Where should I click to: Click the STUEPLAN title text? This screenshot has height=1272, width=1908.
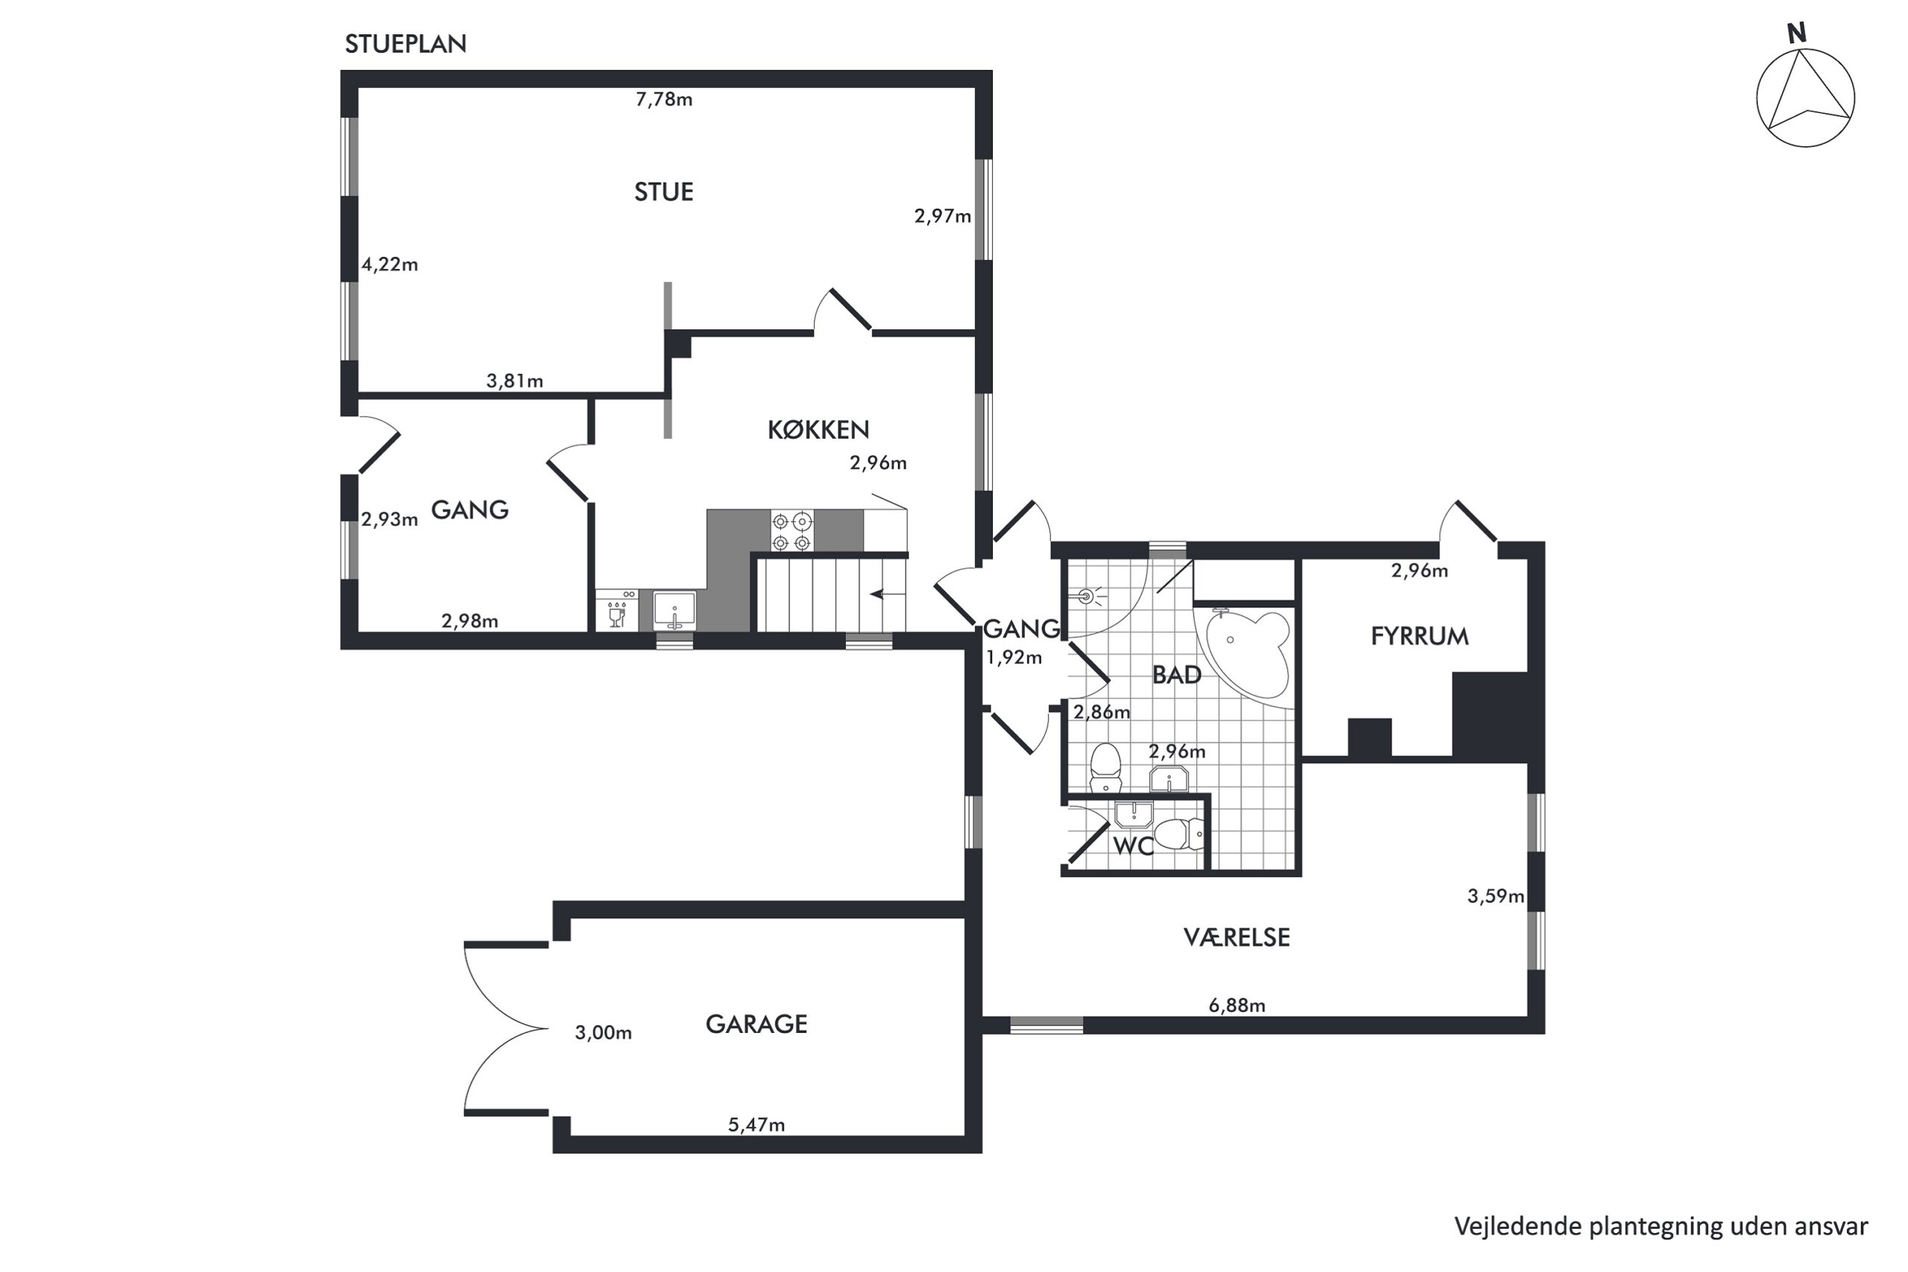coord(405,44)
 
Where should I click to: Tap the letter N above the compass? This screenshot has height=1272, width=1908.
coord(1797,34)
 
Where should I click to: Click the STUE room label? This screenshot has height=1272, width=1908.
coord(663,192)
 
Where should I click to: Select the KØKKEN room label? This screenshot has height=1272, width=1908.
coord(818,429)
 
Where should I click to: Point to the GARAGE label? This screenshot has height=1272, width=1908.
coord(756,1025)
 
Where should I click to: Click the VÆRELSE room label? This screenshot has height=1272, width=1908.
coord(1236,937)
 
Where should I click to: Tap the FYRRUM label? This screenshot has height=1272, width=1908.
coord(1420,636)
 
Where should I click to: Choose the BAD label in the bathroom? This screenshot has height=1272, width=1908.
coord(1176,674)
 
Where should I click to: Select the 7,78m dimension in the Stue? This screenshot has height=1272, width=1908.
coord(663,99)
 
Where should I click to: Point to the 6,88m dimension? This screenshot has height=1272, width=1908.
coord(1236,1005)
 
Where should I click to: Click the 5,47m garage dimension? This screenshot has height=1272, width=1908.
coord(756,1124)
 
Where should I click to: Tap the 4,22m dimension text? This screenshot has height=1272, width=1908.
coord(389,265)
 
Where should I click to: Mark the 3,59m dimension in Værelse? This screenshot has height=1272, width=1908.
coord(1495,896)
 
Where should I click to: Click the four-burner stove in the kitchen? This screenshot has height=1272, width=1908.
coord(792,531)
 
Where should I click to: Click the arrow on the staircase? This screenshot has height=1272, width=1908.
coord(888,595)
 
